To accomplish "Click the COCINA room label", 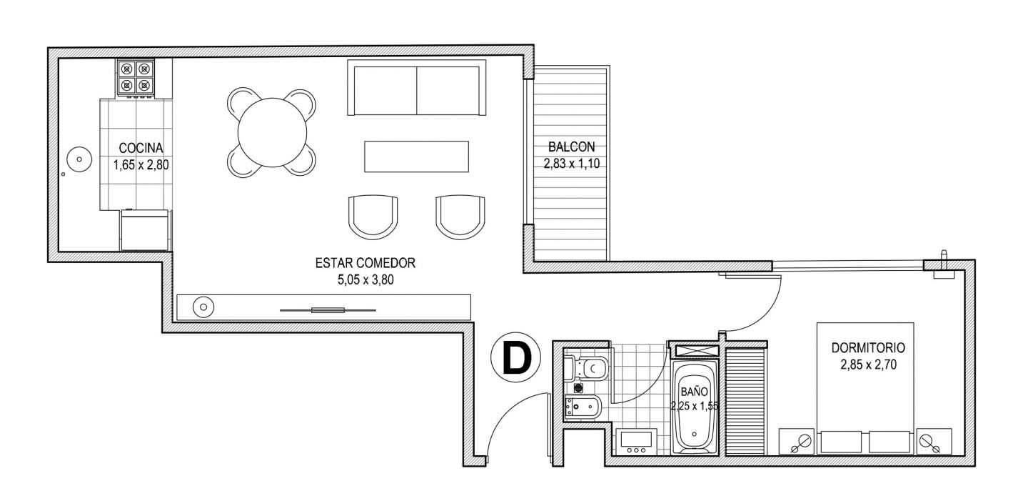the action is [x=141, y=148].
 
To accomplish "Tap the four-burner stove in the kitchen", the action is [x=136, y=77].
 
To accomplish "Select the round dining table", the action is [x=272, y=132].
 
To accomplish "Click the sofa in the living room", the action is [x=416, y=87].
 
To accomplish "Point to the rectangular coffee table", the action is [x=416, y=157].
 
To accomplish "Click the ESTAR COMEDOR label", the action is [x=366, y=263].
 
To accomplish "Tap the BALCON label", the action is [x=571, y=147].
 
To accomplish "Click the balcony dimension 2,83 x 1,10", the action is [x=571, y=164].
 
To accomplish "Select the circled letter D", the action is [x=516, y=357].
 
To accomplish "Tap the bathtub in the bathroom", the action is [x=694, y=407].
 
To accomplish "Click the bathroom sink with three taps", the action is [x=636, y=442].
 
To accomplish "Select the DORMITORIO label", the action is [x=868, y=347].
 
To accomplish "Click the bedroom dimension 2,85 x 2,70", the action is [x=868, y=365].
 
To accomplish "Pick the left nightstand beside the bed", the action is [x=796, y=441].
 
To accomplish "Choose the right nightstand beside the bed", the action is [x=934, y=441].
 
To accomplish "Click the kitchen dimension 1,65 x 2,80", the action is [x=141, y=164].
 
